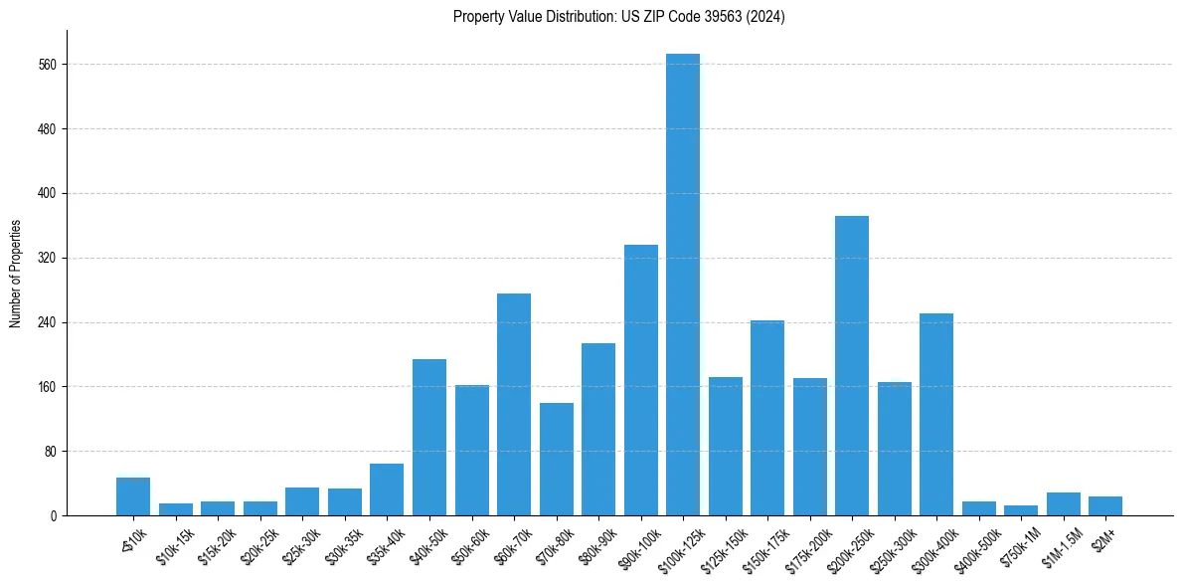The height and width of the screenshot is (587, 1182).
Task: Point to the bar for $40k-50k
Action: click(429, 437)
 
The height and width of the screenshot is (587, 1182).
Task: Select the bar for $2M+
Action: click(1105, 505)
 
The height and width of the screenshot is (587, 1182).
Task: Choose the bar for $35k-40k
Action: click(387, 489)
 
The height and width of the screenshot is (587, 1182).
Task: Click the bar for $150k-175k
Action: click(767, 418)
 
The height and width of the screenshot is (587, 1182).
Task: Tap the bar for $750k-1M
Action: click(1021, 510)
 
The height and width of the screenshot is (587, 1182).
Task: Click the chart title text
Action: click(618, 17)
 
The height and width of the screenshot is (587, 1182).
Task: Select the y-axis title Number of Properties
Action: click(15, 274)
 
